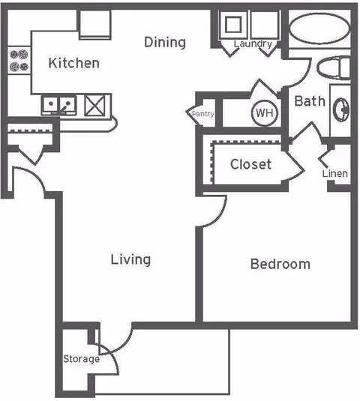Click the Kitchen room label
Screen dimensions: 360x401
74,63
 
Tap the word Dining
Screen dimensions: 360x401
165,43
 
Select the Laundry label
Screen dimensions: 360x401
253,44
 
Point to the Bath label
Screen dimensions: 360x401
310,101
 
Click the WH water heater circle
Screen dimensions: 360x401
265,113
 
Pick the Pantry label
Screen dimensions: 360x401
203,114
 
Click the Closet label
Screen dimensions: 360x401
250,164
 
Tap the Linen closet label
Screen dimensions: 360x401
335,174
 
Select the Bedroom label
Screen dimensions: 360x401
280,264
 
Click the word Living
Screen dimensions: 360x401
130,260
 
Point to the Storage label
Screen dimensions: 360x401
81,359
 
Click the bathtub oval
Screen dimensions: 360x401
319,28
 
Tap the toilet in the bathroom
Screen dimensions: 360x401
333,67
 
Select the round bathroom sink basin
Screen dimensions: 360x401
340,109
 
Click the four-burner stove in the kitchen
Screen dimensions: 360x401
19,61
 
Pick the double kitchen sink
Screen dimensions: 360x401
59,106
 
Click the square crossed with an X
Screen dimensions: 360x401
94,105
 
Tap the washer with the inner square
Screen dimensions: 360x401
232,25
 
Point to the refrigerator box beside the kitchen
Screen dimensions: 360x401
94,25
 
